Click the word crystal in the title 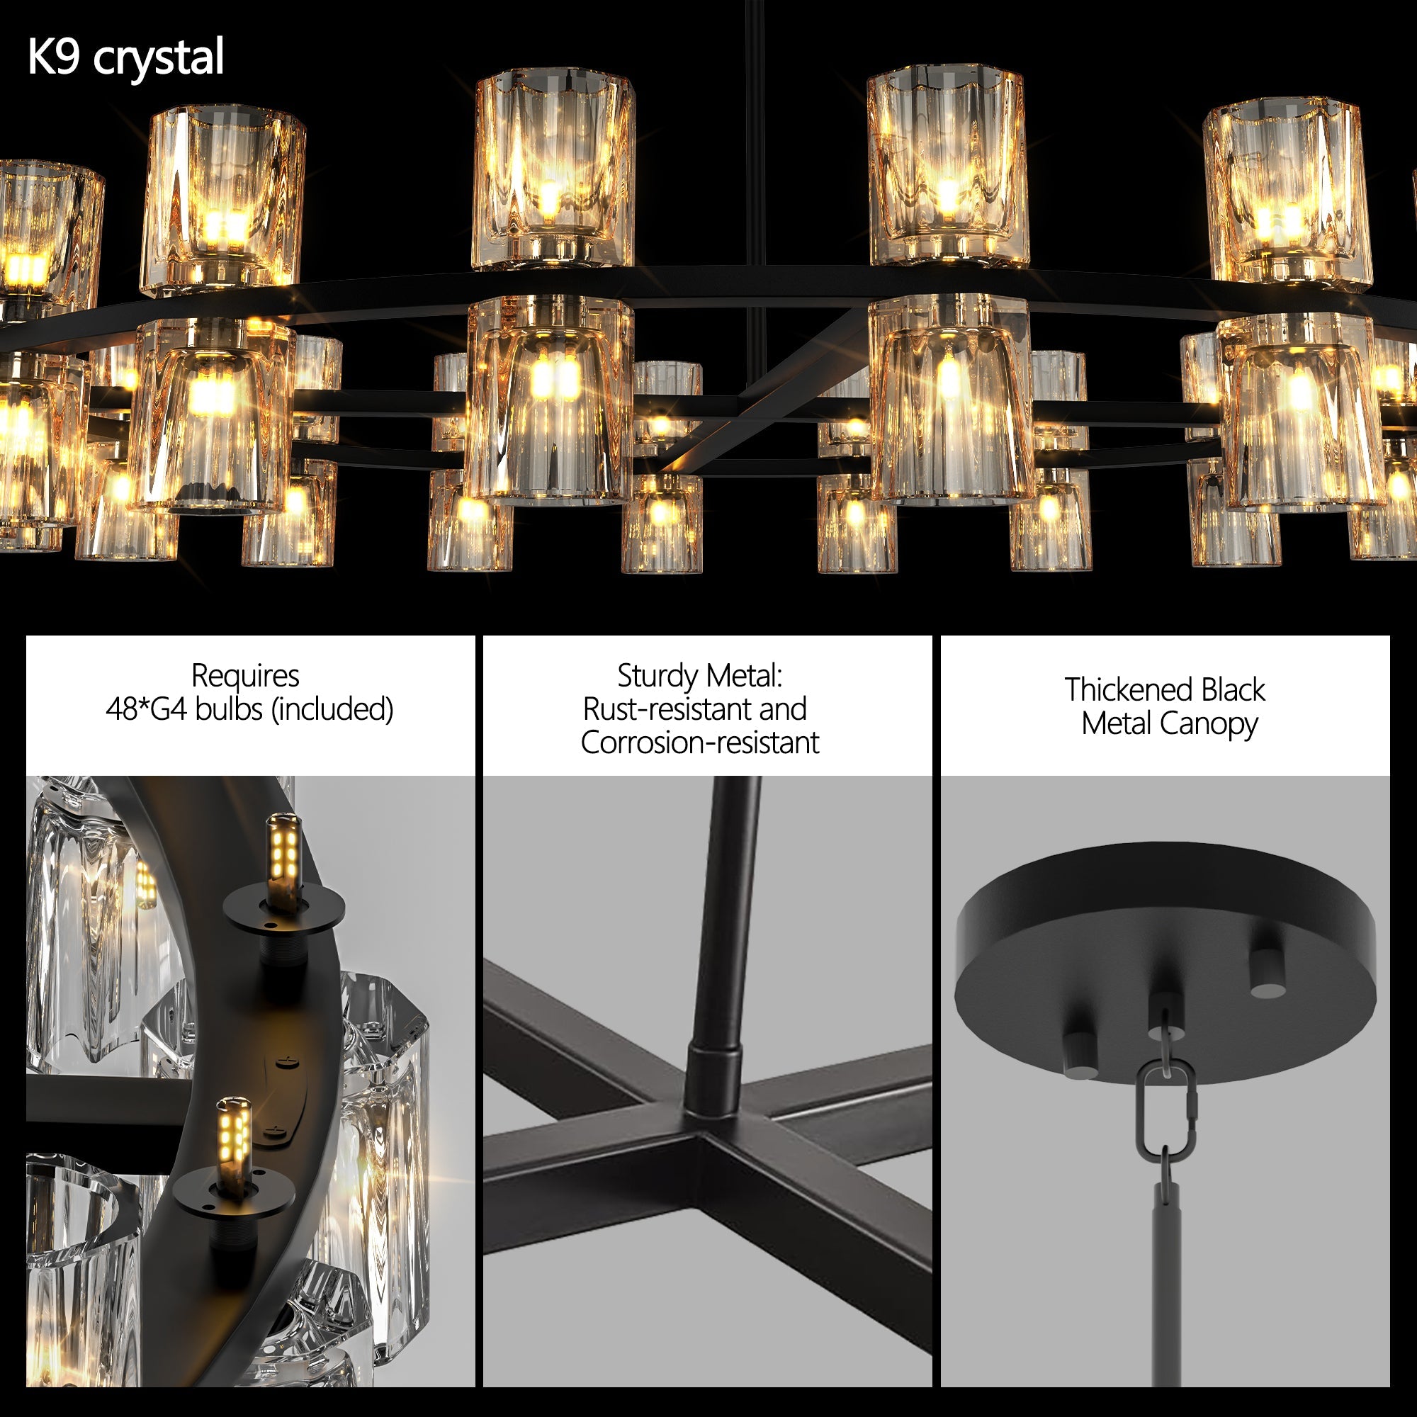tap(159, 59)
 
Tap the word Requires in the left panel tap(245, 675)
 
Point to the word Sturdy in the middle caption tap(653, 675)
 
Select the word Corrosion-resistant tap(700, 743)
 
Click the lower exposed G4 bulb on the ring tap(233, 1134)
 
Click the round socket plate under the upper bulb tap(283, 910)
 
